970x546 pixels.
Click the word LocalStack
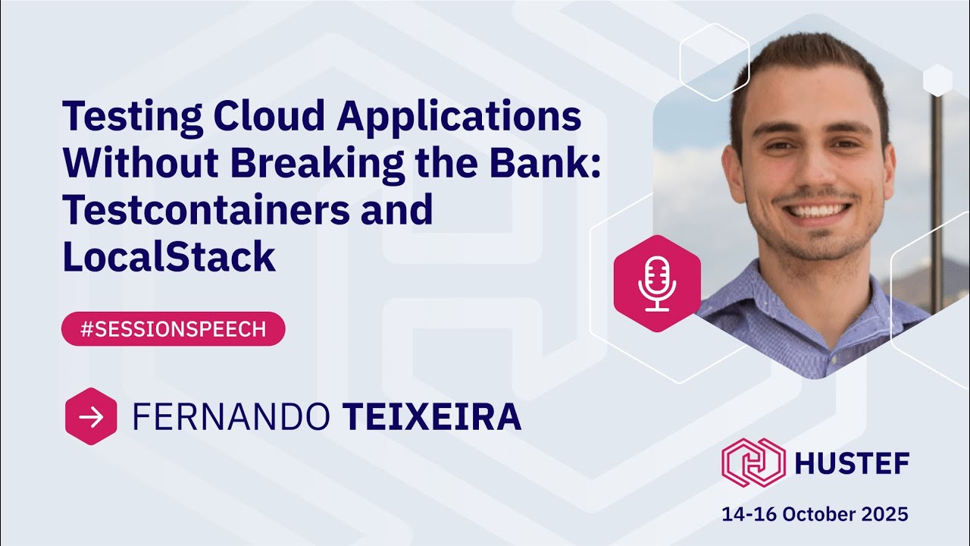click(x=168, y=257)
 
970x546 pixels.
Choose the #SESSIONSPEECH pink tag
click(x=173, y=329)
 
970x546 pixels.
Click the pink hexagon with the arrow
click(x=91, y=416)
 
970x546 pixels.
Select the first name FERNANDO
click(x=231, y=417)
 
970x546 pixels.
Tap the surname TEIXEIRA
click(x=432, y=417)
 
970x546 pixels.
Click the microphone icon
click(x=656, y=284)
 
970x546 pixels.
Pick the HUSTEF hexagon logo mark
click(x=753, y=462)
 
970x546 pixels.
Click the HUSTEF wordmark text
click(x=852, y=462)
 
